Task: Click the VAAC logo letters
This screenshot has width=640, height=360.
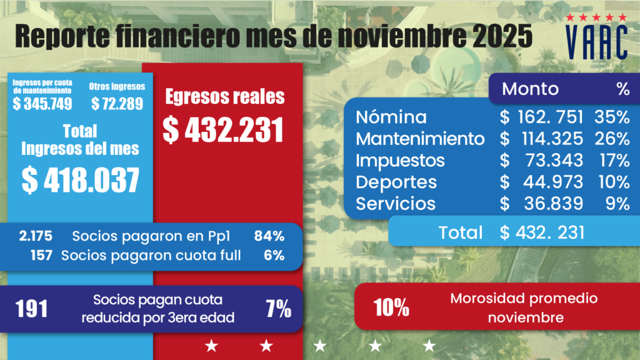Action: click(596, 42)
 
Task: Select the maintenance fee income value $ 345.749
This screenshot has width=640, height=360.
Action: click(42, 104)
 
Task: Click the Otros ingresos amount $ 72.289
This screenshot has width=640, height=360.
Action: click(117, 104)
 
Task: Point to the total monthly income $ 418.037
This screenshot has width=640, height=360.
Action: click(80, 179)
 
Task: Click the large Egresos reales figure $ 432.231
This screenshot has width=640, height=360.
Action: click(224, 129)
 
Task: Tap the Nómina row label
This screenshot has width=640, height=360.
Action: click(391, 117)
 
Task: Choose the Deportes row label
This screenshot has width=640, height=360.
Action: click(396, 182)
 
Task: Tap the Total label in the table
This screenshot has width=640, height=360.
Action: click(461, 232)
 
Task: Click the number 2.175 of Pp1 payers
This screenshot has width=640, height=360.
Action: click(36, 236)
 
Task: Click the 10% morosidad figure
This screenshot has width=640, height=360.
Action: click(391, 307)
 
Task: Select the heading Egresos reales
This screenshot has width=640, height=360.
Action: click(224, 97)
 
